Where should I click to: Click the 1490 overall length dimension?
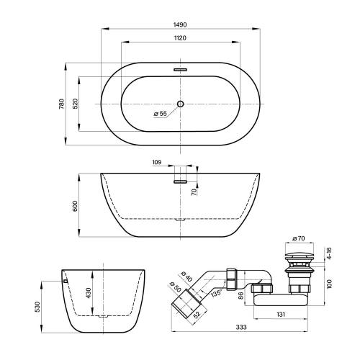180,24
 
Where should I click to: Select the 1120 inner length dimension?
180,38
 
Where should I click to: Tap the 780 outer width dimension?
62,104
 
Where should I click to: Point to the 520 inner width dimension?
76,104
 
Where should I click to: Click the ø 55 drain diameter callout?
160,114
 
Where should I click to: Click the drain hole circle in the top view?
180,104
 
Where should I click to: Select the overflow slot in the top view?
180,70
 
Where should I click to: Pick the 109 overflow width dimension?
157,163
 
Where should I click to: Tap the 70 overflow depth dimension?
194,192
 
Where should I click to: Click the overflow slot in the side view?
180,181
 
